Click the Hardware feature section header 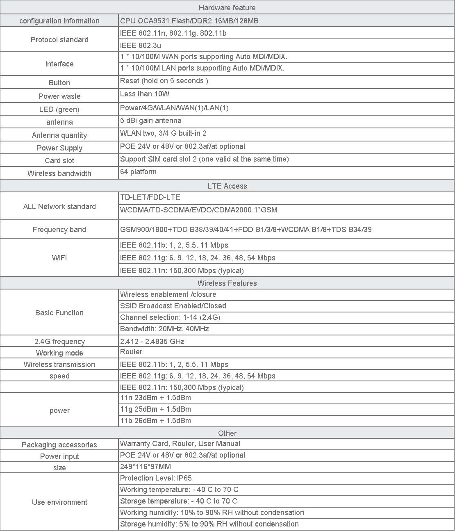227,8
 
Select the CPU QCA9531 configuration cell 189,21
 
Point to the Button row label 59,83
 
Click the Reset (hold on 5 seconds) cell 164,81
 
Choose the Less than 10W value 145,94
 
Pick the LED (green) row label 59,109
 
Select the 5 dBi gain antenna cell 150,121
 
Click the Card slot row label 59,161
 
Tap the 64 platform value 138,172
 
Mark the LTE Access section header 227,186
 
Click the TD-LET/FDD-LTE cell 150,198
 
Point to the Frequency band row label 59,230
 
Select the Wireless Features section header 227,283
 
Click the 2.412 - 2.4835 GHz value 152,342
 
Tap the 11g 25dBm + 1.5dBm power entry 155,409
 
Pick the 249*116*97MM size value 146,467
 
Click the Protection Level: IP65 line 156,478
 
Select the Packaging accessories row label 59,445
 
